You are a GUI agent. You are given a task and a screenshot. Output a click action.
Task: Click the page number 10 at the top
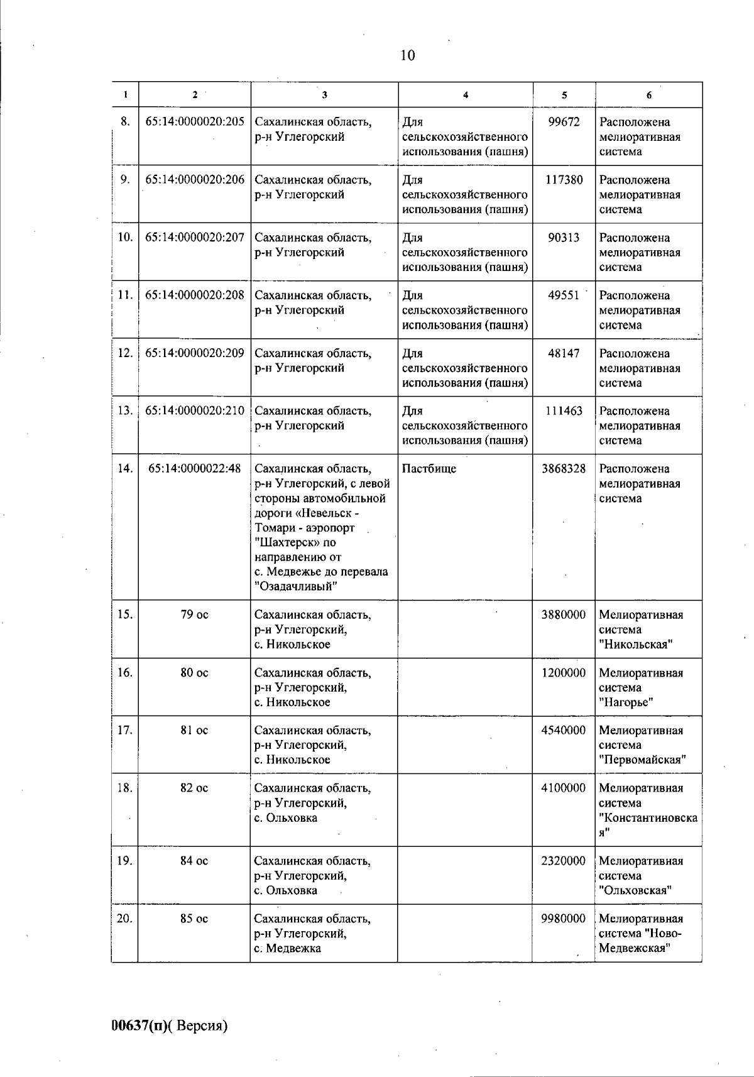point(407,55)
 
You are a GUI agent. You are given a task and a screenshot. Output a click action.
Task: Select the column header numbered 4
point(465,95)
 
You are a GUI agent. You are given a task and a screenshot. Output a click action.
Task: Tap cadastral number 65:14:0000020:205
point(195,122)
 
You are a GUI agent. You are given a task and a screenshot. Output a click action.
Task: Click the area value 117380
point(564,180)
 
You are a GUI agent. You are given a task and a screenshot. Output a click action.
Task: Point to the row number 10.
point(125,238)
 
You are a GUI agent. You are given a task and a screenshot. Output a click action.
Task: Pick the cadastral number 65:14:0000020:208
point(195,295)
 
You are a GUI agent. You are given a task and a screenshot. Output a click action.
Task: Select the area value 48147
point(564,353)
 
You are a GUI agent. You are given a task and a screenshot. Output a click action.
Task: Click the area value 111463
point(564,411)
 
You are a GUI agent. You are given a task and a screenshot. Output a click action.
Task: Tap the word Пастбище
point(429,469)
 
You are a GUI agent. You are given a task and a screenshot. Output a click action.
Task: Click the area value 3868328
point(564,469)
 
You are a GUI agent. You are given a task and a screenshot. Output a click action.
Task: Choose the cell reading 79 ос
point(194,615)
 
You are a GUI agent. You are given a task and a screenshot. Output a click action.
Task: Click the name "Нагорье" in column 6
point(626,702)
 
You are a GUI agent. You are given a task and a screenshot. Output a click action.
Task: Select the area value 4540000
point(564,731)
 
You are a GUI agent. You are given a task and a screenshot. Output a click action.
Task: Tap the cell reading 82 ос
point(194,788)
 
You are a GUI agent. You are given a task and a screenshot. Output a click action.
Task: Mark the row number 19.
point(125,861)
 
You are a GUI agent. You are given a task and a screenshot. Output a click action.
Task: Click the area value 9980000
point(564,919)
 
